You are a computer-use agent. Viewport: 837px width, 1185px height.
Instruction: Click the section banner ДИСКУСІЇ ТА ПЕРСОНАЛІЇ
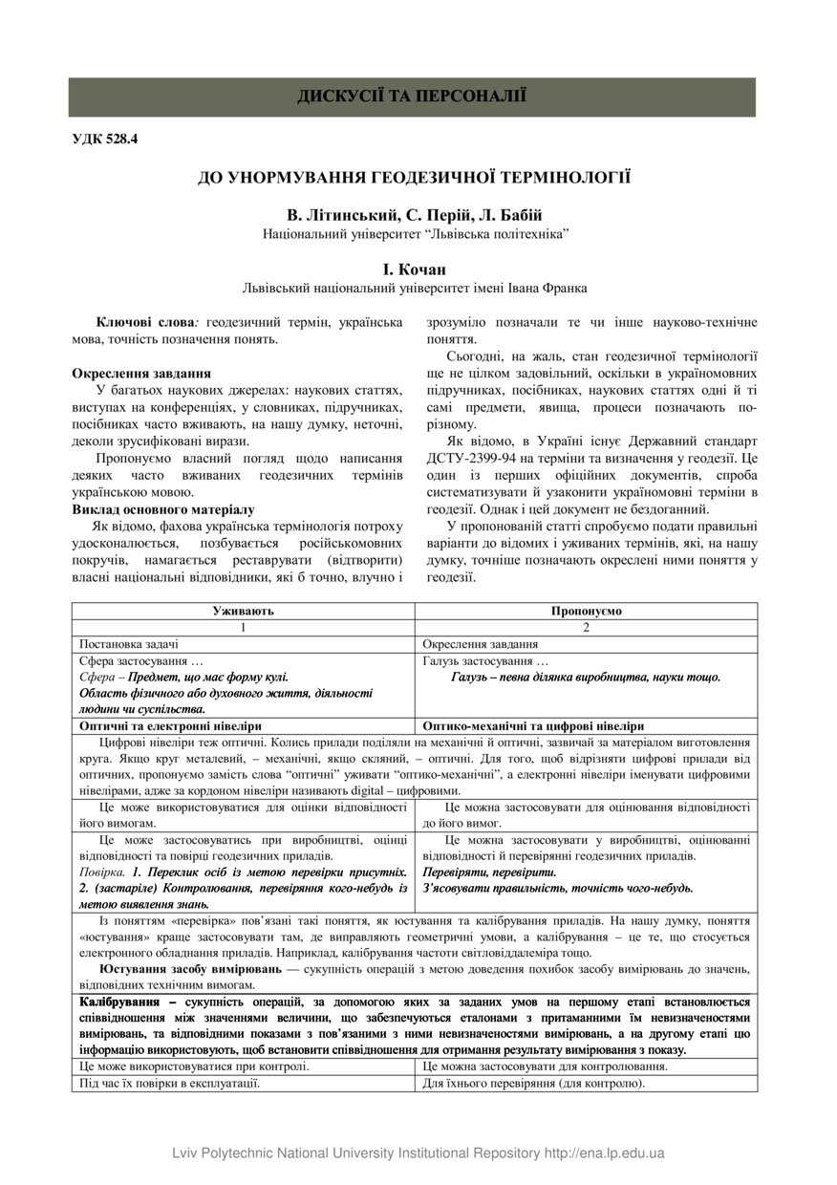(x=412, y=97)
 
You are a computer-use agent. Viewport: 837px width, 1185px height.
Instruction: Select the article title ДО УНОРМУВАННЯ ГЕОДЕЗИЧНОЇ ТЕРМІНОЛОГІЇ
(x=414, y=178)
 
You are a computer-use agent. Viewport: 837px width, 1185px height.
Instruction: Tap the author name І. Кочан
(x=414, y=270)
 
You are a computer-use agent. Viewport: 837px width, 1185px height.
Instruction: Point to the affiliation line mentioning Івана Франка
(x=414, y=288)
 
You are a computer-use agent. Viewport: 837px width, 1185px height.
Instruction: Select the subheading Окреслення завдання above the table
(x=141, y=374)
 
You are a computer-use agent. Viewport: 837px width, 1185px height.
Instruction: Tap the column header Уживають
(x=243, y=611)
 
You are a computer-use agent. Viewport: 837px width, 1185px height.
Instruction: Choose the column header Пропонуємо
(x=586, y=611)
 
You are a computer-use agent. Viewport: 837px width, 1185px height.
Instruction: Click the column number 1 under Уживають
(x=243, y=627)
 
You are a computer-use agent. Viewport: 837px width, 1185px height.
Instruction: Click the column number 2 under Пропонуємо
(x=586, y=627)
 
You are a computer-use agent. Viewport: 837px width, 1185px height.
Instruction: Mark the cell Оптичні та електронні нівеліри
(x=170, y=726)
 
